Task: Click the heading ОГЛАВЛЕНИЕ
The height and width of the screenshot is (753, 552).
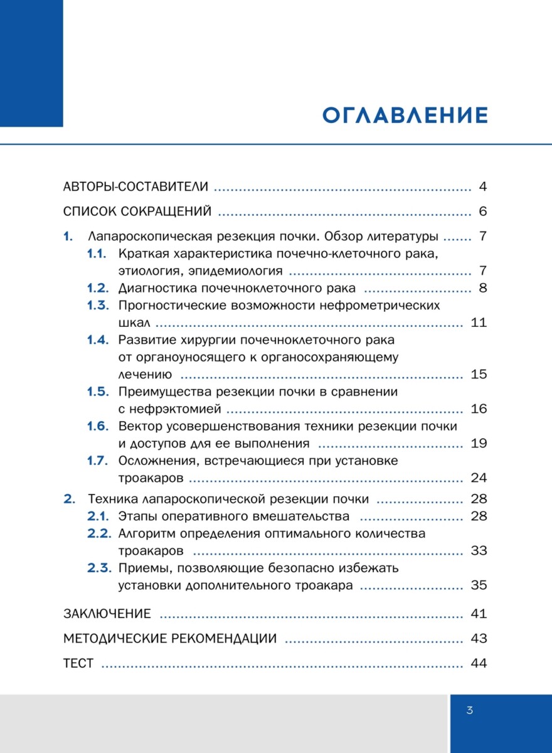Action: (x=405, y=116)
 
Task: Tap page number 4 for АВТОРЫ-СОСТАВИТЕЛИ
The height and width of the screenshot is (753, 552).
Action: (x=482, y=187)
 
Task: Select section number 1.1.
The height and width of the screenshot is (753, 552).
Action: (x=97, y=254)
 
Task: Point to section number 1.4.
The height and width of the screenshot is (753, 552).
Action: (x=97, y=340)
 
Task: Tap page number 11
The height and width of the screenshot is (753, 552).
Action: (x=478, y=323)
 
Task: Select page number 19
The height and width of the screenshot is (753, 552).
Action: (x=478, y=444)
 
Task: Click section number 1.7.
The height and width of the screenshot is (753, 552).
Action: (x=97, y=461)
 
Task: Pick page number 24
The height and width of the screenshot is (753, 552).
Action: (x=478, y=478)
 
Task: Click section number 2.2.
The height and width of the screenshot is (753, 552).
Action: (x=98, y=534)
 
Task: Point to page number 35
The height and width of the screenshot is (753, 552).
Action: (x=478, y=585)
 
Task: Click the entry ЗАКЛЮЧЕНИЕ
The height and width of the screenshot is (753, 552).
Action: (x=107, y=614)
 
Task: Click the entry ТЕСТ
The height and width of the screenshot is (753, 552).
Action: (x=78, y=663)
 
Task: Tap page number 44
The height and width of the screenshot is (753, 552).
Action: (x=478, y=663)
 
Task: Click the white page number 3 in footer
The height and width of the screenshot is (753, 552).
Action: (x=469, y=710)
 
